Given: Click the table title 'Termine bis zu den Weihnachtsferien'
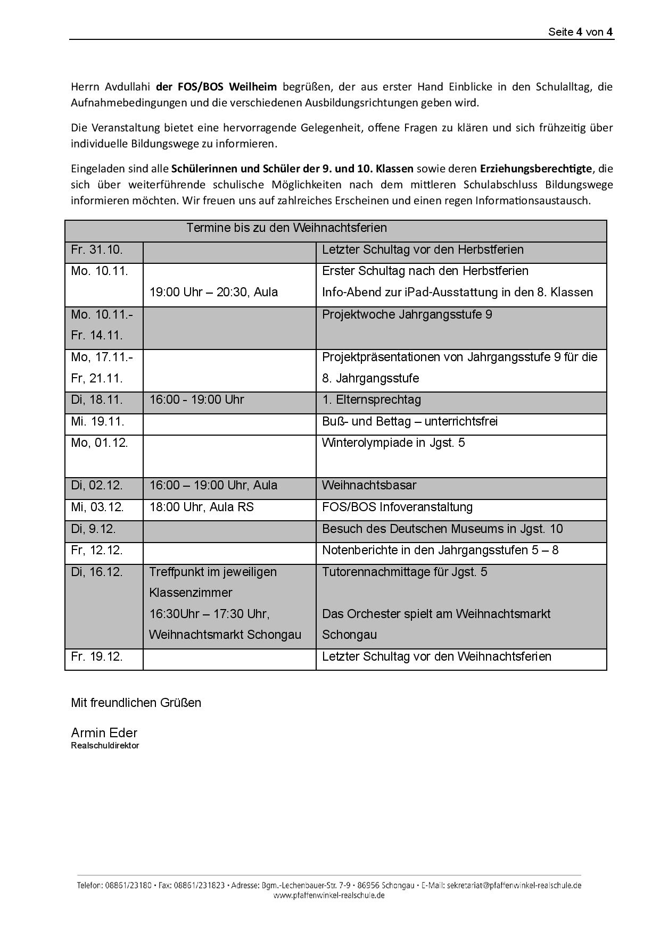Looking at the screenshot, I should [286, 228].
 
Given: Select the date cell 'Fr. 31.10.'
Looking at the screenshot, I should [97, 250].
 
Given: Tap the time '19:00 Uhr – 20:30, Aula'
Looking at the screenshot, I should [213, 293].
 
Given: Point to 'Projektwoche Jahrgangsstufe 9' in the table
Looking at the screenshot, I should [407, 315].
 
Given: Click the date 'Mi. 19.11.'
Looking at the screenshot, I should [97, 422].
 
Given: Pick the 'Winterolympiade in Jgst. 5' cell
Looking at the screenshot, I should [393, 443].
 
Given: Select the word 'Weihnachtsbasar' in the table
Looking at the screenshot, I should [369, 486].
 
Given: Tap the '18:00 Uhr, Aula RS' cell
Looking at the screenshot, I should [201, 507].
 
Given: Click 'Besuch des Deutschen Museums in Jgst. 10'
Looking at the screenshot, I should [442, 529].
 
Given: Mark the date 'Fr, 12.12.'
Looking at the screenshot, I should [97, 551].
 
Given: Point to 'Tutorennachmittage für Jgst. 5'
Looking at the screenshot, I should [404, 572].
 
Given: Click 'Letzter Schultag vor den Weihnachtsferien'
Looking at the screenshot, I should [436, 657].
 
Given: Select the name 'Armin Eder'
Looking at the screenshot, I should [104, 733].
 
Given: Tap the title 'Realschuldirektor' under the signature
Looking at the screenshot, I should [105, 746].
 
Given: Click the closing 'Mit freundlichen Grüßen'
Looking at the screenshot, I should [136, 703].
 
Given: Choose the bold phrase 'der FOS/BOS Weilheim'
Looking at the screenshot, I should [216, 87].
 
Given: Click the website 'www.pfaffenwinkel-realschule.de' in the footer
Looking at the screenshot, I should [329, 896].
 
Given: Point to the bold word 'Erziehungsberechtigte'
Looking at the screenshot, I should [535, 169].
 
